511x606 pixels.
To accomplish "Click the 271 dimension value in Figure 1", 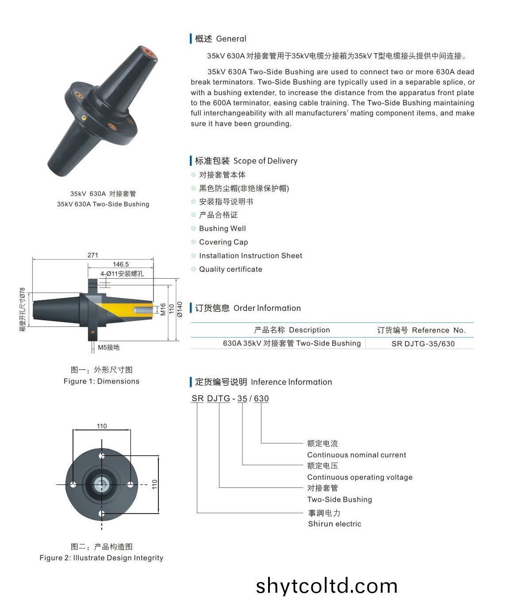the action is pyautogui.click(x=92, y=255).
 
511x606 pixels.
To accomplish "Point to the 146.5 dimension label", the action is pyautogui.click(x=120, y=264).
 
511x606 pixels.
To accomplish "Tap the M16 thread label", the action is pyautogui.click(x=163, y=309).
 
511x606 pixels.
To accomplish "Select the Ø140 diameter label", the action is pyautogui.click(x=180, y=309).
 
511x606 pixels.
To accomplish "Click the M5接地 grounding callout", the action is pyautogui.click(x=108, y=347).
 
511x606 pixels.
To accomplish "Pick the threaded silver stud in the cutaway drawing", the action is pyautogui.click(x=143, y=310).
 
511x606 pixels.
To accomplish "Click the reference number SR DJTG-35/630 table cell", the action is pyautogui.click(x=423, y=344).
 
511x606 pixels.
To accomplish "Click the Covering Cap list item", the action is pyautogui.click(x=223, y=242).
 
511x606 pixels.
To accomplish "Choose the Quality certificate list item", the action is pyautogui.click(x=231, y=269).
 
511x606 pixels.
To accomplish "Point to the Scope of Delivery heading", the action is pyautogui.click(x=265, y=161).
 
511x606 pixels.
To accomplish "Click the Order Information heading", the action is pyautogui.click(x=267, y=308).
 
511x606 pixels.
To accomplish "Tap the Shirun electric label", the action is pyautogui.click(x=334, y=524).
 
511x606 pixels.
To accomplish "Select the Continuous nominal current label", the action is pyautogui.click(x=357, y=455).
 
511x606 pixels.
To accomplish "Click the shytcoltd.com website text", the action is pyautogui.click(x=327, y=586).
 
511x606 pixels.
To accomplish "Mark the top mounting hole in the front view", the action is pyautogui.click(x=102, y=456).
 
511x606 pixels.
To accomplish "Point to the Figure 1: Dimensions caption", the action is pyautogui.click(x=101, y=381).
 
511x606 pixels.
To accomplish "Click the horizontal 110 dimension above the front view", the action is pyautogui.click(x=102, y=426).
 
